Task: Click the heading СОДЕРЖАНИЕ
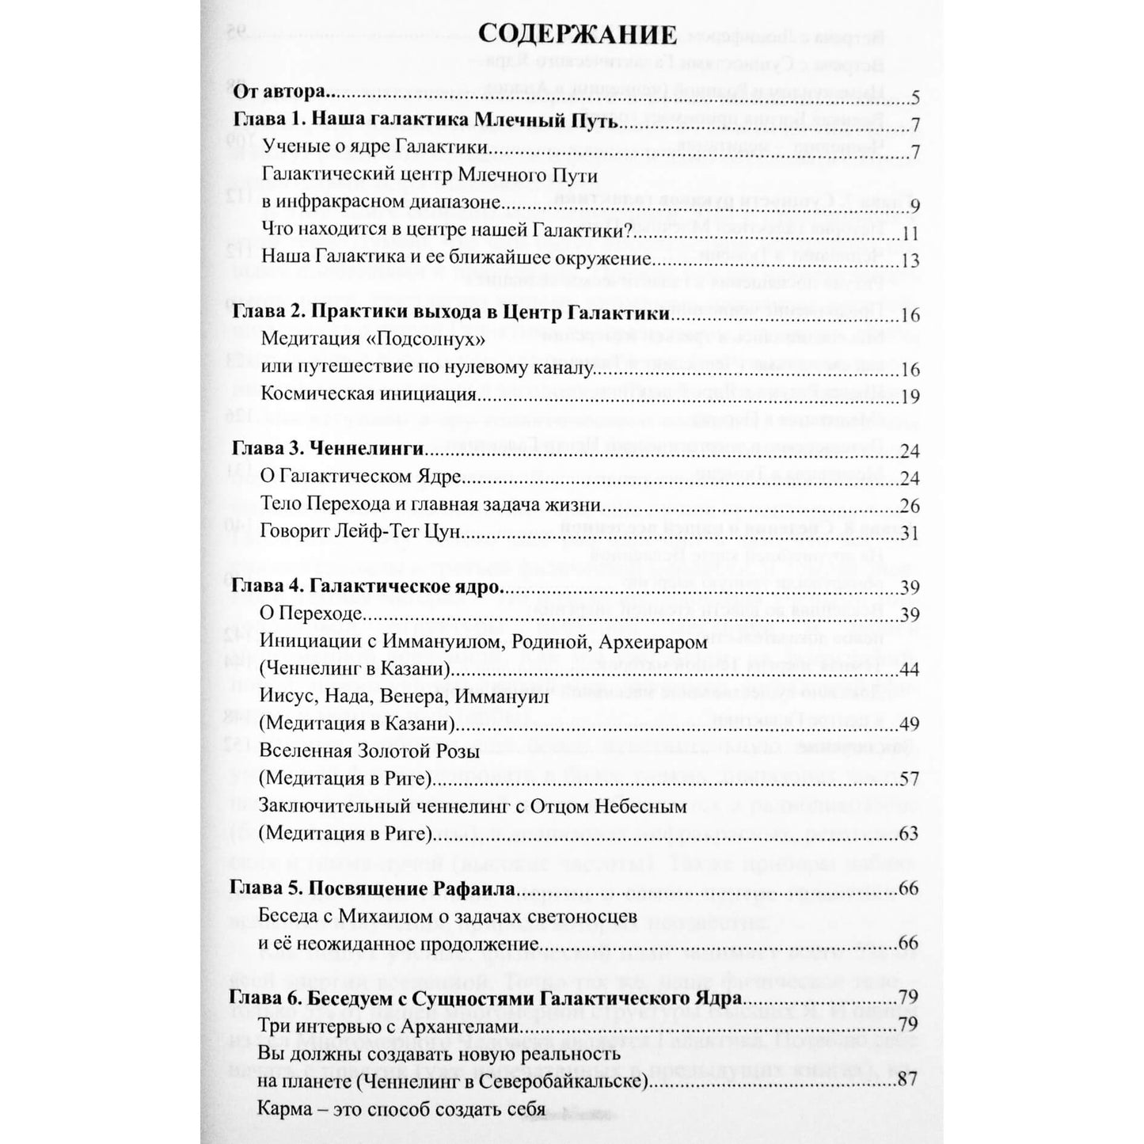point(578,36)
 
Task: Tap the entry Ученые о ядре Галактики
point(375,147)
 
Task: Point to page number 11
point(910,234)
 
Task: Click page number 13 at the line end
point(910,260)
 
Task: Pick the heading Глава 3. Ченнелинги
point(328,449)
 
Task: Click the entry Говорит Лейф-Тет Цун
point(360,532)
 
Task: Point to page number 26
point(910,506)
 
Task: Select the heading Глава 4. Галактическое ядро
point(367,587)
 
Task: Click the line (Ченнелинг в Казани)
point(355,670)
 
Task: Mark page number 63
point(908,834)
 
